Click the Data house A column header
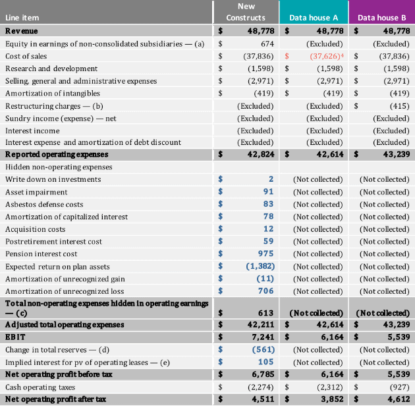click(x=314, y=18)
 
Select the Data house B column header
click(x=382, y=18)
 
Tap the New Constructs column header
click(x=246, y=12)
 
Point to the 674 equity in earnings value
click(x=267, y=43)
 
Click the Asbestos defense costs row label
click(x=44, y=204)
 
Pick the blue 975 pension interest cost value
click(x=265, y=254)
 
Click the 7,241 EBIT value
click(x=263, y=337)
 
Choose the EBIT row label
click(x=15, y=337)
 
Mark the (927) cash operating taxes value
click(x=400, y=387)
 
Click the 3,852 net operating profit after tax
click(x=332, y=399)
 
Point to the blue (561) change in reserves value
click(x=263, y=349)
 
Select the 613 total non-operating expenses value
click(x=265, y=313)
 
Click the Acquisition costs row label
click(x=35, y=229)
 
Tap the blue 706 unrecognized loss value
click(x=265, y=291)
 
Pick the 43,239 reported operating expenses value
click(x=397, y=154)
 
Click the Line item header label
click(x=22, y=18)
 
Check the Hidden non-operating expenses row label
click(x=59, y=167)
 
